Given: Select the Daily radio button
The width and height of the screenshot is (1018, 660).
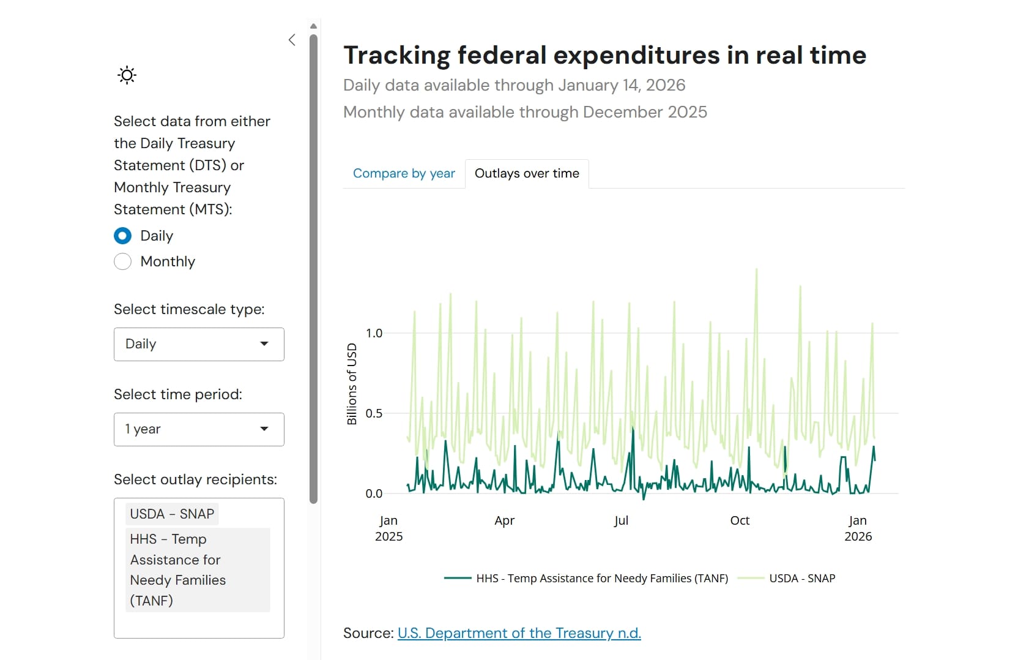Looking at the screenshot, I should click(123, 236).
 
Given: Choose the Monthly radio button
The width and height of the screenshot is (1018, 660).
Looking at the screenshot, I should click(123, 261).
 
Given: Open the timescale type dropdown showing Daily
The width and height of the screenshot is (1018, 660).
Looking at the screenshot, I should click(199, 344).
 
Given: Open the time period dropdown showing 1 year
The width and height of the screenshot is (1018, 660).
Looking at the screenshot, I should click(199, 429).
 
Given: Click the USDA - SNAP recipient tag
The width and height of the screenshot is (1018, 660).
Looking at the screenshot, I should click(172, 514).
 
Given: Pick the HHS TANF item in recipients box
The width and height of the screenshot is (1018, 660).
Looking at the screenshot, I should click(197, 569).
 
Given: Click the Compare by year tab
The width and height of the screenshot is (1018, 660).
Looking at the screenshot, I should click(404, 173).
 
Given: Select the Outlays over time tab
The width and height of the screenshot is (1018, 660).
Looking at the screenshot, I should click(527, 173).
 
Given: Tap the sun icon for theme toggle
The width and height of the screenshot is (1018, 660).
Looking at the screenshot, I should click(127, 75).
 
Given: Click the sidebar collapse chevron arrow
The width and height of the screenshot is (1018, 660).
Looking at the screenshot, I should click(292, 40).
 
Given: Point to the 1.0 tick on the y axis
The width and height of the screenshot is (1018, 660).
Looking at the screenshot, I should click(374, 333).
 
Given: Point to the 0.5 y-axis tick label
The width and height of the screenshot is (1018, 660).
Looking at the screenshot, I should click(374, 413).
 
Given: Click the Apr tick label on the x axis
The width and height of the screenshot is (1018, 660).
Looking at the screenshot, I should click(504, 520).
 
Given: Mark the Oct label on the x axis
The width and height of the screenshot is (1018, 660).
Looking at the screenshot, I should click(740, 520).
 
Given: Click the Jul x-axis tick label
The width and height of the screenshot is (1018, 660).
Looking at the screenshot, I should click(621, 520).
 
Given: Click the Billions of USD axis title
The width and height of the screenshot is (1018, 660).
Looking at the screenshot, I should click(352, 384).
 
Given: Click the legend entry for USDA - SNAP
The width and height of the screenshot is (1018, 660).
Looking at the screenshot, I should click(801, 578).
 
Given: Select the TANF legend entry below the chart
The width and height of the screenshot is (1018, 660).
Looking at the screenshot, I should click(601, 578).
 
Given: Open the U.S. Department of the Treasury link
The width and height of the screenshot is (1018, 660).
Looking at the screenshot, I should click(519, 632).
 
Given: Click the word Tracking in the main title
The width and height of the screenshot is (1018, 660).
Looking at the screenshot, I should click(396, 55).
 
